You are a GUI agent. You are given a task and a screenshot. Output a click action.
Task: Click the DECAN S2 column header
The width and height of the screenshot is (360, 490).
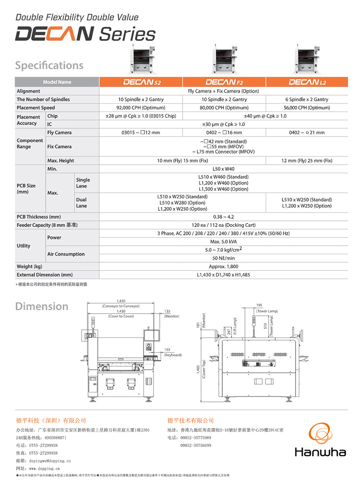coord(141,82)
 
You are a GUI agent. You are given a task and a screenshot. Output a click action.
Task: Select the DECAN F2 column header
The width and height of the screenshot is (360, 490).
coord(224,82)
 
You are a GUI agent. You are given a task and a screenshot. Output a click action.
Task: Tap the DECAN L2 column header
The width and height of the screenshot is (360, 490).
coord(307,82)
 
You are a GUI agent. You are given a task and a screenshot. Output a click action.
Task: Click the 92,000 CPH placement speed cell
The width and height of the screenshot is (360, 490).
coord(141,108)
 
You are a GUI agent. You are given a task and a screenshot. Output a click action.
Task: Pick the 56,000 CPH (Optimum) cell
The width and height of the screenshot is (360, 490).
coord(307,108)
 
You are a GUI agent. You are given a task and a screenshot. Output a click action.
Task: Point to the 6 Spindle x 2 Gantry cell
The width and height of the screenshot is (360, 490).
coord(307,99)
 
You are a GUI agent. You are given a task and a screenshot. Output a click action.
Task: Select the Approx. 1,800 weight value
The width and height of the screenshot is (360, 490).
coord(224,266)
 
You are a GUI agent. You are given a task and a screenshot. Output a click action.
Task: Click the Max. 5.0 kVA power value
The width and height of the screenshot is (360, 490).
coord(224,242)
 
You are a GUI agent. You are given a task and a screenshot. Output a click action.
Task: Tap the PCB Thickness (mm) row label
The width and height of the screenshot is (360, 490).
coord(39,217)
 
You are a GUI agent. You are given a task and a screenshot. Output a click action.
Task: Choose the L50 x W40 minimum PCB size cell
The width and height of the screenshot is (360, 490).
coord(224,169)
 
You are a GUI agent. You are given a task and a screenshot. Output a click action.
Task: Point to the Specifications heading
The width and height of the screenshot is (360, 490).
coord(49,66)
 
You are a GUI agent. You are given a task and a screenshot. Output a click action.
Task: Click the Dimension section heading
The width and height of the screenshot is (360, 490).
coord(42,306)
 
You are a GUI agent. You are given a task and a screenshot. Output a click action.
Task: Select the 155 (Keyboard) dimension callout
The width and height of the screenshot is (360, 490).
coord(173,352)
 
